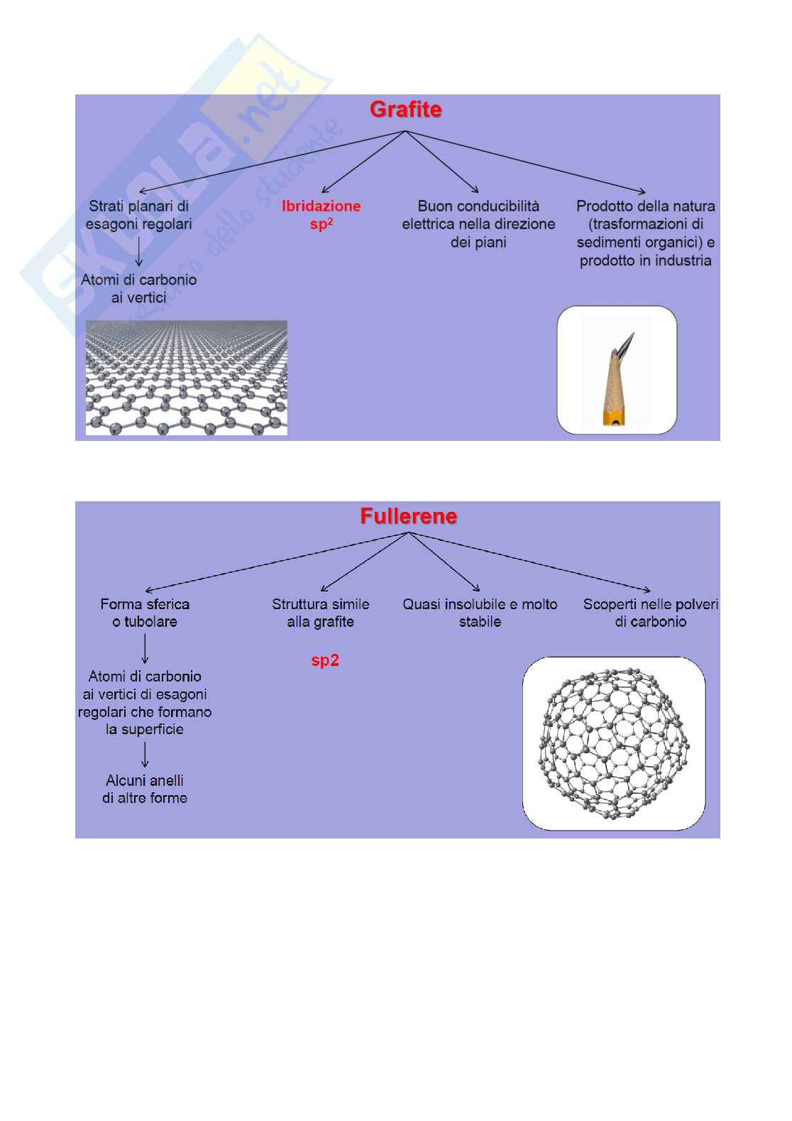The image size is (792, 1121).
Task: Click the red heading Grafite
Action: [x=405, y=110]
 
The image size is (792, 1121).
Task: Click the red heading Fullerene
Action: [x=408, y=516]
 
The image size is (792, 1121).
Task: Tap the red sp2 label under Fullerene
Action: [x=325, y=661]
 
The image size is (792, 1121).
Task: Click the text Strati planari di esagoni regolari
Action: [x=139, y=215]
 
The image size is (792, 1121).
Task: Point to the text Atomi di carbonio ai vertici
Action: [x=139, y=288]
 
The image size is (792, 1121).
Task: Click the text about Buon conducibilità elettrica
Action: [x=478, y=224]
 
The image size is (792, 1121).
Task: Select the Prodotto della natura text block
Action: [x=645, y=234]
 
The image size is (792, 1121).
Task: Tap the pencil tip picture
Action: [x=616, y=370]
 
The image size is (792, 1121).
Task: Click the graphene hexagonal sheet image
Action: [x=186, y=377]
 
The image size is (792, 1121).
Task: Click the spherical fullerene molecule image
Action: [x=614, y=743]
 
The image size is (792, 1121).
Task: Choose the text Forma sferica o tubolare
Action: [x=145, y=613]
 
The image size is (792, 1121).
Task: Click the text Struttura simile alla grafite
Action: [x=321, y=613]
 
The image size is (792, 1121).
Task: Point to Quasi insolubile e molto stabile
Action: [x=480, y=613]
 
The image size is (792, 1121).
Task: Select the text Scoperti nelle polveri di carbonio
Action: [x=651, y=613]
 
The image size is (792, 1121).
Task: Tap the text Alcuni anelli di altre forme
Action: [x=145, y=789]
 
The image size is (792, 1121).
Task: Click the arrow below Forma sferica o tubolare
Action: [x=145, y=648]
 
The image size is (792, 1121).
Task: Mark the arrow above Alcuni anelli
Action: [x=145, y=754]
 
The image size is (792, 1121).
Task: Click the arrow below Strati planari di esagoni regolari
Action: [x=139, y=251]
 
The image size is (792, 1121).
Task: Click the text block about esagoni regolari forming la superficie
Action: [x=145, y=703]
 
